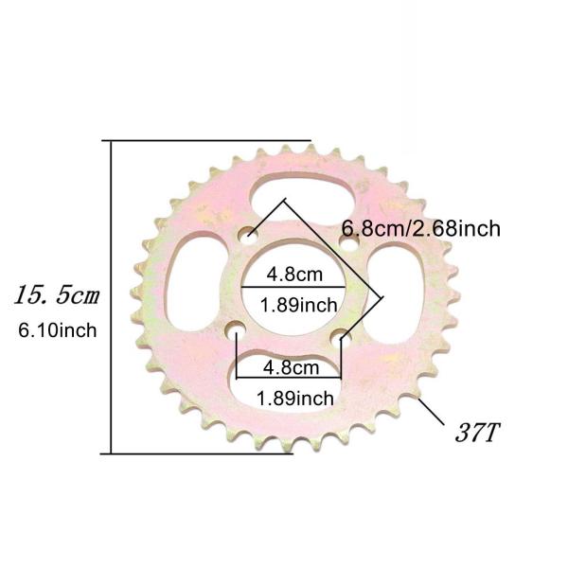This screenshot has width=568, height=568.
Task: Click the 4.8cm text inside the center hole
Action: click(293, 275)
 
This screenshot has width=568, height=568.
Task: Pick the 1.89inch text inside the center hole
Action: click(296, 305)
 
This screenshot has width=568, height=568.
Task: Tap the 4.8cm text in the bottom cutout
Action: click(293, 367)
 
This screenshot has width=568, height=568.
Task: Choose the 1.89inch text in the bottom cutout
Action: click(295, 398)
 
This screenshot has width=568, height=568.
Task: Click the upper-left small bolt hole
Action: click(249, 232)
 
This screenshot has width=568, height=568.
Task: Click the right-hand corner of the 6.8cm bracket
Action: click(382, 295)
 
